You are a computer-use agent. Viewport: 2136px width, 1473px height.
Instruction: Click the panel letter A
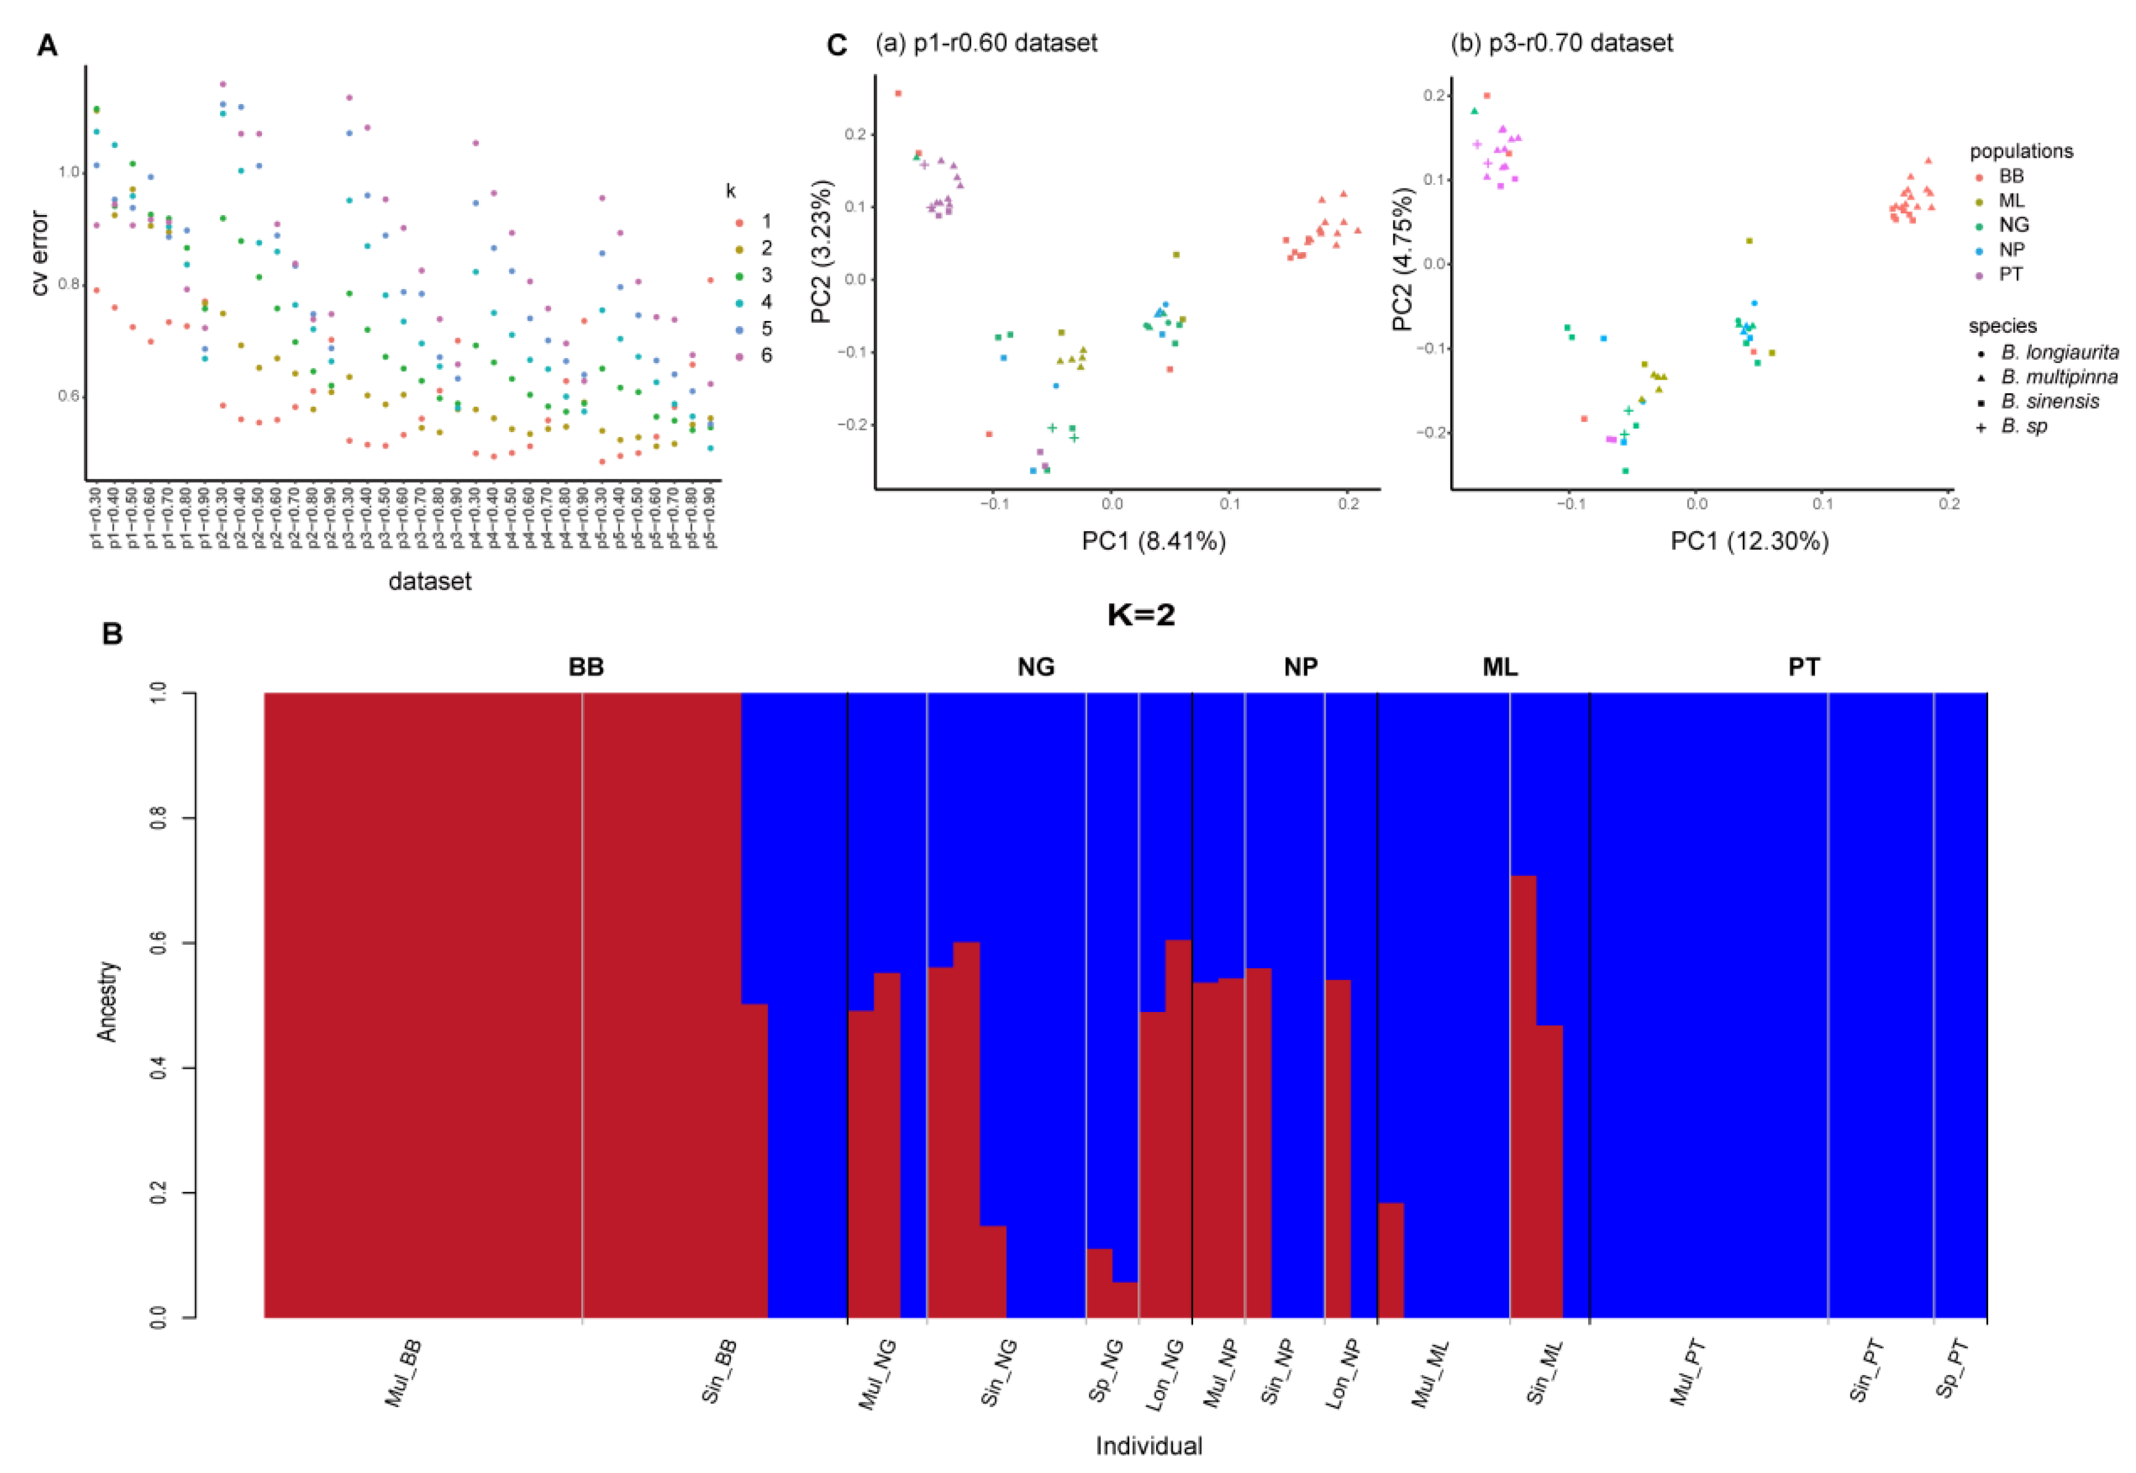pos(46,45)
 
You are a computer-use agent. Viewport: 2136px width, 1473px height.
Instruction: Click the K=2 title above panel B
pos(1141,614)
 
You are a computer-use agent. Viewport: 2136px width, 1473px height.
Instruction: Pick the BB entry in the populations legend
pos(2012,176)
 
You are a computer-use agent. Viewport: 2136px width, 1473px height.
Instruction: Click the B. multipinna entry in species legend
pos(2058,377)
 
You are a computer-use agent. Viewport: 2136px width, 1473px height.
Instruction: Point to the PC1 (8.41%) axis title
pos(1153,541)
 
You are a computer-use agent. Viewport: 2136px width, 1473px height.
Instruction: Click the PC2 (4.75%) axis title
pos(1403,259)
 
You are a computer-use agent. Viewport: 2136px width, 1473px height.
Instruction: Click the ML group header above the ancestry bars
pos(1499,666)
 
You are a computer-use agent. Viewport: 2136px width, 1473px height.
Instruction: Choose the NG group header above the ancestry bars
pos(1035,666)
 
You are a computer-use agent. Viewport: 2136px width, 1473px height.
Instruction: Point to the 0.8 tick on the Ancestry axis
pos(159,818)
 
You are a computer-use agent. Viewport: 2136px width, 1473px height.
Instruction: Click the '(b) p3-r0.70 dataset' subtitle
pos(1561,43)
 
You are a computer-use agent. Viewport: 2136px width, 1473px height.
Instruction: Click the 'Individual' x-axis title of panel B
pos(1149,1445)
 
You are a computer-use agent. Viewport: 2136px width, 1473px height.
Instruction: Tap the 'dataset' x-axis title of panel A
pos(430,581)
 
